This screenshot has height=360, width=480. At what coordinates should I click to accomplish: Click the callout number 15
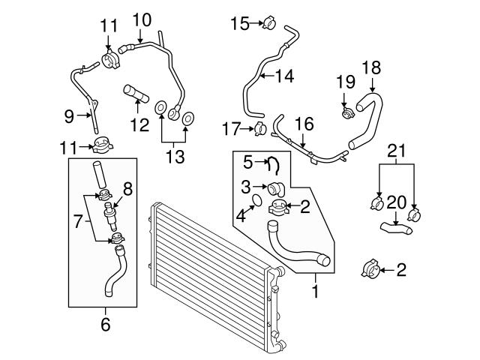point(240,23)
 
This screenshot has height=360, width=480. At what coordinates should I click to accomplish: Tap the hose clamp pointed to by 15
point(269,22)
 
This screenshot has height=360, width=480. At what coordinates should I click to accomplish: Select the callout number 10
point(142,20)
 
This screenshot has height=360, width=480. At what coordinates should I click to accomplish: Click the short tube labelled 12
point(136,94)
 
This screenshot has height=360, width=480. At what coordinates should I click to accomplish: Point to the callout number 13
point(175,157)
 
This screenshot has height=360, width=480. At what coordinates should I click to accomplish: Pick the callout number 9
point(69,116)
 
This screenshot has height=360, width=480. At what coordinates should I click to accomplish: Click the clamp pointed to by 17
point(260,129)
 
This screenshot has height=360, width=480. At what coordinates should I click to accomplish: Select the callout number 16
point(304,124)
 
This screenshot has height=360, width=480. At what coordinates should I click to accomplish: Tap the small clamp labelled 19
point(348,113)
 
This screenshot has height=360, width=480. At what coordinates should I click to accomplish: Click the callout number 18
point(372,67)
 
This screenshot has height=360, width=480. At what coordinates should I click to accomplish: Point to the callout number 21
point(397,151)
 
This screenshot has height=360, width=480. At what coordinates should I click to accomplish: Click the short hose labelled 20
point(396,228)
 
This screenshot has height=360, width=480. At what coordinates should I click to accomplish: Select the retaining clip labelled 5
point(273,165)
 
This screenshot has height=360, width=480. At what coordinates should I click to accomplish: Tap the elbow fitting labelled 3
point(276,189)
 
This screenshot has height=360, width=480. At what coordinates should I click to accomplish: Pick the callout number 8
point(127,189)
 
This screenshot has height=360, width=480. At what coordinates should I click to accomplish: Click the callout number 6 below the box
point(105,325)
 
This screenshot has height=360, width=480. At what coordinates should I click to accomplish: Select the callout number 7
point(78,221)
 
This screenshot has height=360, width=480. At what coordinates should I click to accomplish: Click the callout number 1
point(315,291)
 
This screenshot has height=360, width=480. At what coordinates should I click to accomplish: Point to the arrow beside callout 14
point(267,75)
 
